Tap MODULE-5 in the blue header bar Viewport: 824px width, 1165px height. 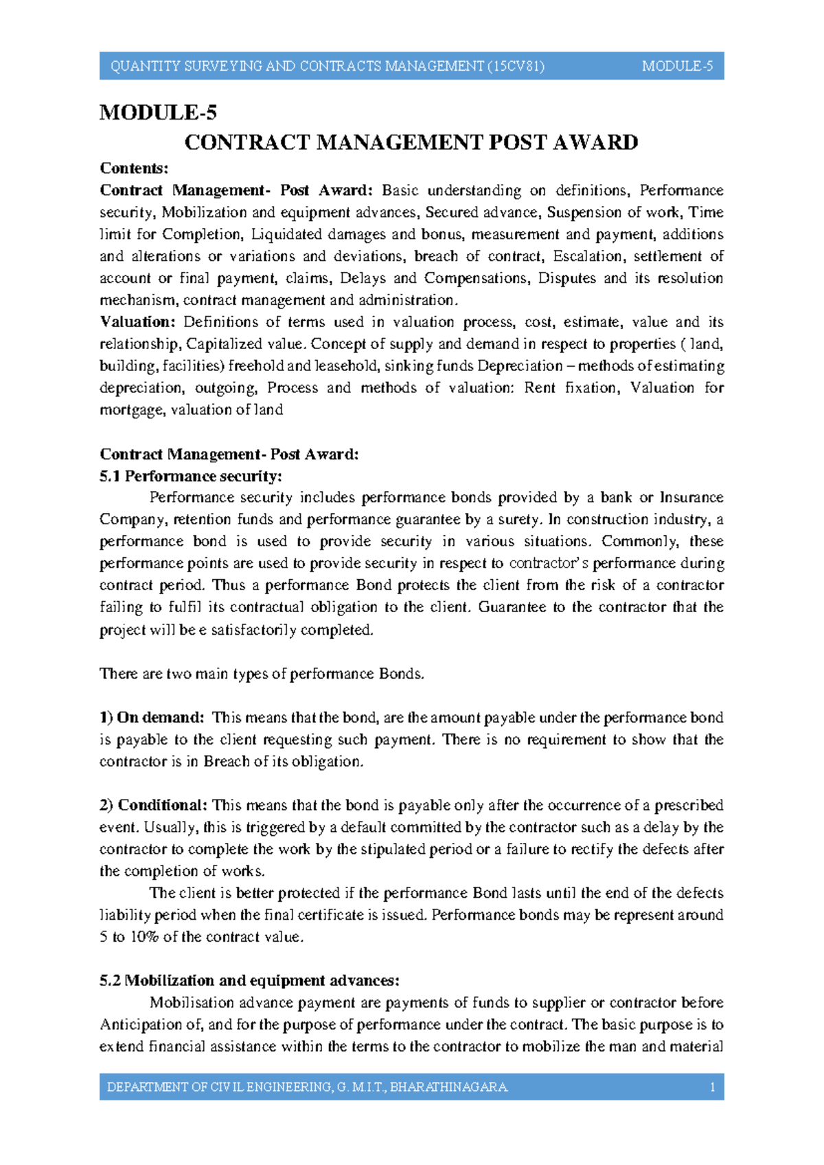pos(677,67)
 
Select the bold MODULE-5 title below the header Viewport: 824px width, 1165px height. pos(158,112)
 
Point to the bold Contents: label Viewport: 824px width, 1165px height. pos(134,168)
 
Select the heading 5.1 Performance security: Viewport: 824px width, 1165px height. pos(191,476)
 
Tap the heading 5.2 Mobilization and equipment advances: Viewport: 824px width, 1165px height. pos(249,980)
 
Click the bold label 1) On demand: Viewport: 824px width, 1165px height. pos(152,718)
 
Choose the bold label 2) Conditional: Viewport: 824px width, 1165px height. pos(153,805)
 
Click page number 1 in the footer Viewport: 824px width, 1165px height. pos(713,1087)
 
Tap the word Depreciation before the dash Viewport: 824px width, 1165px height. pos(520,366)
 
